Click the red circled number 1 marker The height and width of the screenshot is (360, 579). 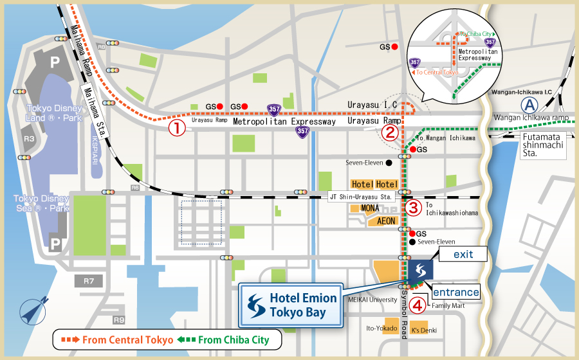(x=177, y=128)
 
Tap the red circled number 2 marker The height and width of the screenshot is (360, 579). (x=389, y=132)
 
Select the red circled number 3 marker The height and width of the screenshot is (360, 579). (x=414, y=208)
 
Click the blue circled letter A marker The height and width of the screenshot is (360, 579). (x=529, y=105)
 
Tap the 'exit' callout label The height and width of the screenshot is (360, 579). (x=463, y=255)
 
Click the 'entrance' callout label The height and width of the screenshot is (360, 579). (x=455, y=292)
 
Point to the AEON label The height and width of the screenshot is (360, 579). (x=386, y=221)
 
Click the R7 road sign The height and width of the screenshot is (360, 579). (x=89, y=281)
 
